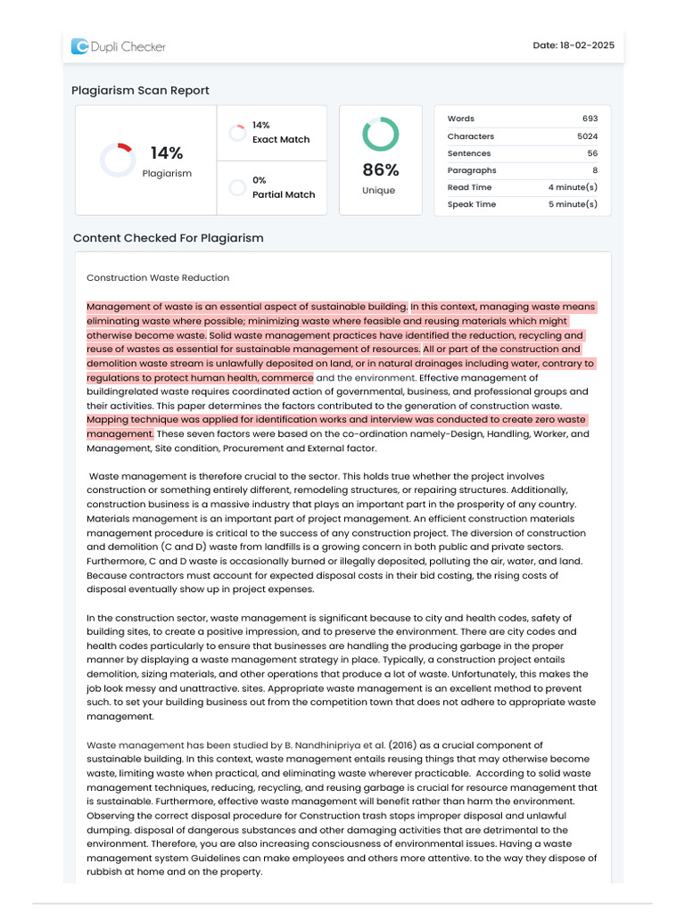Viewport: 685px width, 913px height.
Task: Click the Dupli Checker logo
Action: (x=119, y=46)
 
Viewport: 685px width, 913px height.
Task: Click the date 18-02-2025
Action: (x=574, y=45)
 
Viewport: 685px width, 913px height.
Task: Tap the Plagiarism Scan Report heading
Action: (x=140, y=90)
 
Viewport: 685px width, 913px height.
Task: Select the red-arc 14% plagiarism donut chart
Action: (x=117, y=160)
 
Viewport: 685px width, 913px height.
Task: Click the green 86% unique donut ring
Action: (x=380, y=134)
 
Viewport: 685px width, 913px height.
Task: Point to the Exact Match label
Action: (x=281, y=140)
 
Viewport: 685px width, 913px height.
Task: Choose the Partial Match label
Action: (x=284, y=194)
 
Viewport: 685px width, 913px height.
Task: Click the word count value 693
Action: (x=590, y=119)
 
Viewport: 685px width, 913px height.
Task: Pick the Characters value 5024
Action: (x=587, y=136)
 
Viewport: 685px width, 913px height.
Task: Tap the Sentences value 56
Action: (x=592, y=153)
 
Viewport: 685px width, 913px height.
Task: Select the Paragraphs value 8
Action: (x=595, y=170)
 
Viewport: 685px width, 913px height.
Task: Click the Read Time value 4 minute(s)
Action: (x=573, y=187)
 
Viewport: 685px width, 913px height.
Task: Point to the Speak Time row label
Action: (x=472, y=204)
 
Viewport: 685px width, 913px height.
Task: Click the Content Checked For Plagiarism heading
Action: (x=168, y=238)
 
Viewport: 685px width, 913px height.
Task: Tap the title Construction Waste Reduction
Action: (x=158, y=278)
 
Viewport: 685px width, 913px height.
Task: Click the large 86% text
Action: (x=380, y=170)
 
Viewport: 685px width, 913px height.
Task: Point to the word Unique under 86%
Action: (x=380, y=191)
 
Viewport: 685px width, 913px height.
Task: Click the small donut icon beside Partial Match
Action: (x=237, y=187)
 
